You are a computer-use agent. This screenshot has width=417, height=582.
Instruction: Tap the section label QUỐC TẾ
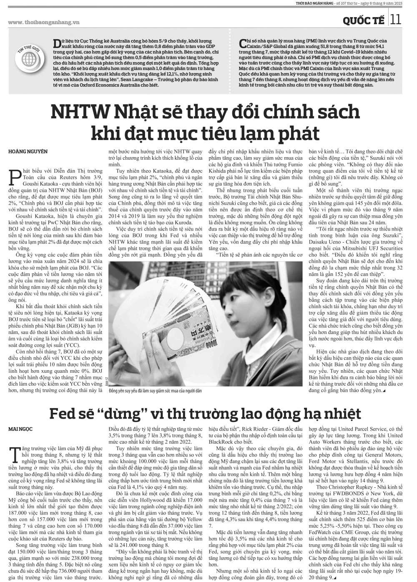364,20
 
